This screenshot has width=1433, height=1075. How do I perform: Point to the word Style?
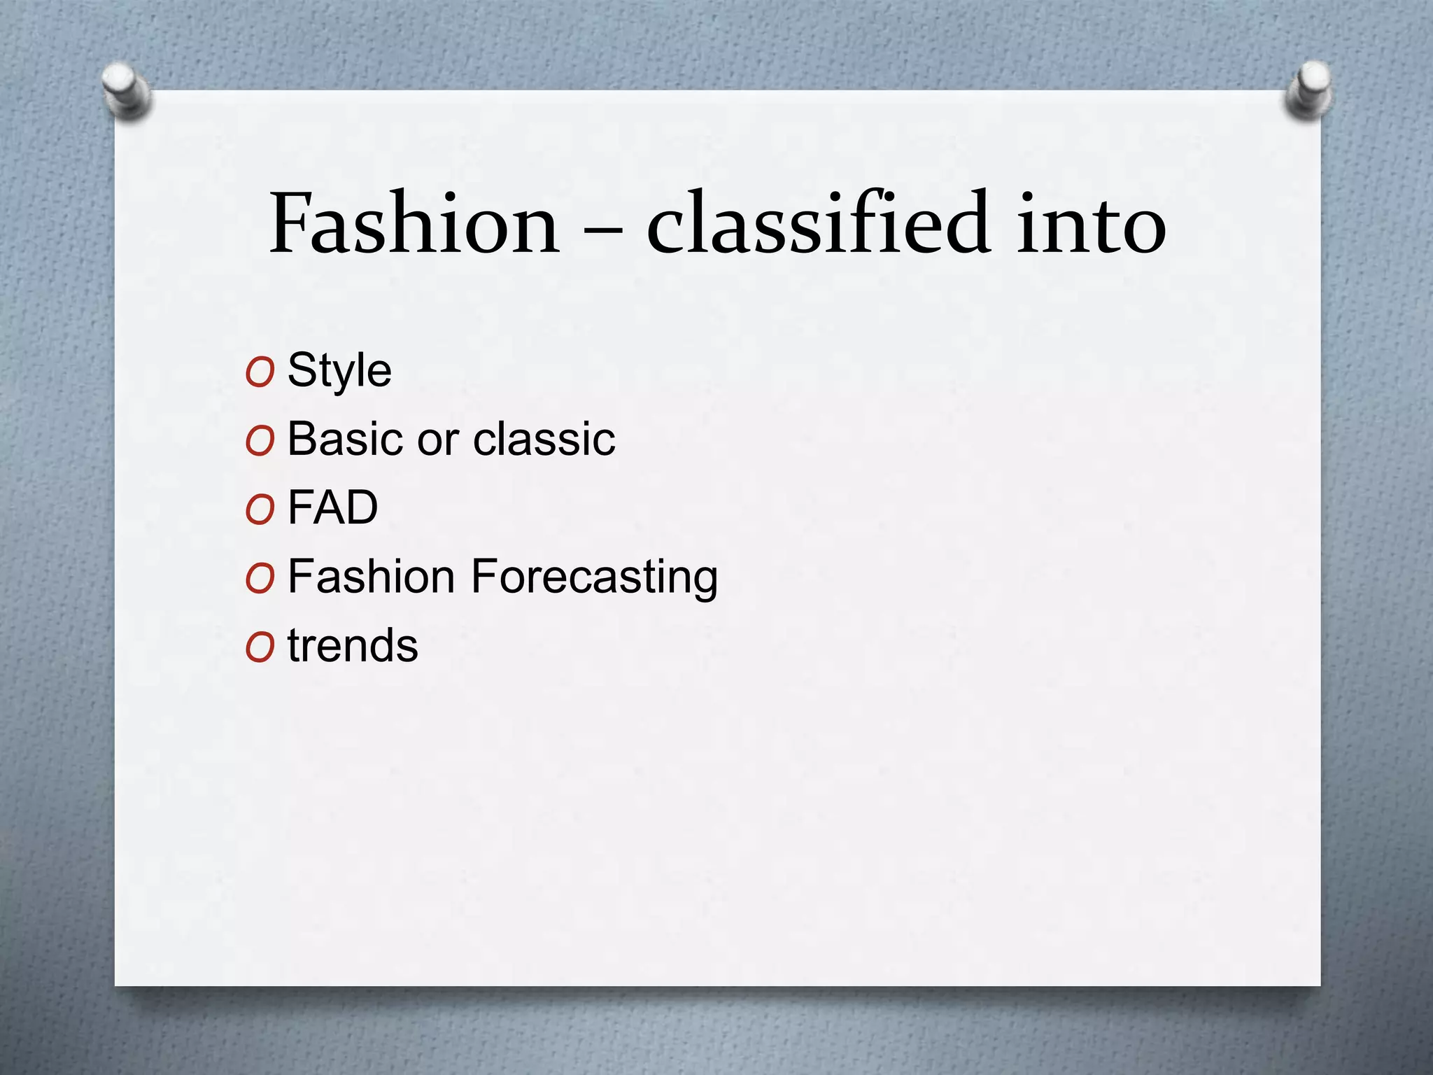(x=339, y=371)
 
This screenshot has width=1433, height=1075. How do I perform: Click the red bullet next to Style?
(x=260, y=373)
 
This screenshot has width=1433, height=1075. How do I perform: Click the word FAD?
(x=333, y=507)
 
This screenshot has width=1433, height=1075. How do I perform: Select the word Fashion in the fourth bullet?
(x=372, y=577)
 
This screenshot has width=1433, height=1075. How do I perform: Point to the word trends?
(x=353, y=645)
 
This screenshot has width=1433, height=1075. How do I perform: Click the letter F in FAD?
(x=300, y=507)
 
